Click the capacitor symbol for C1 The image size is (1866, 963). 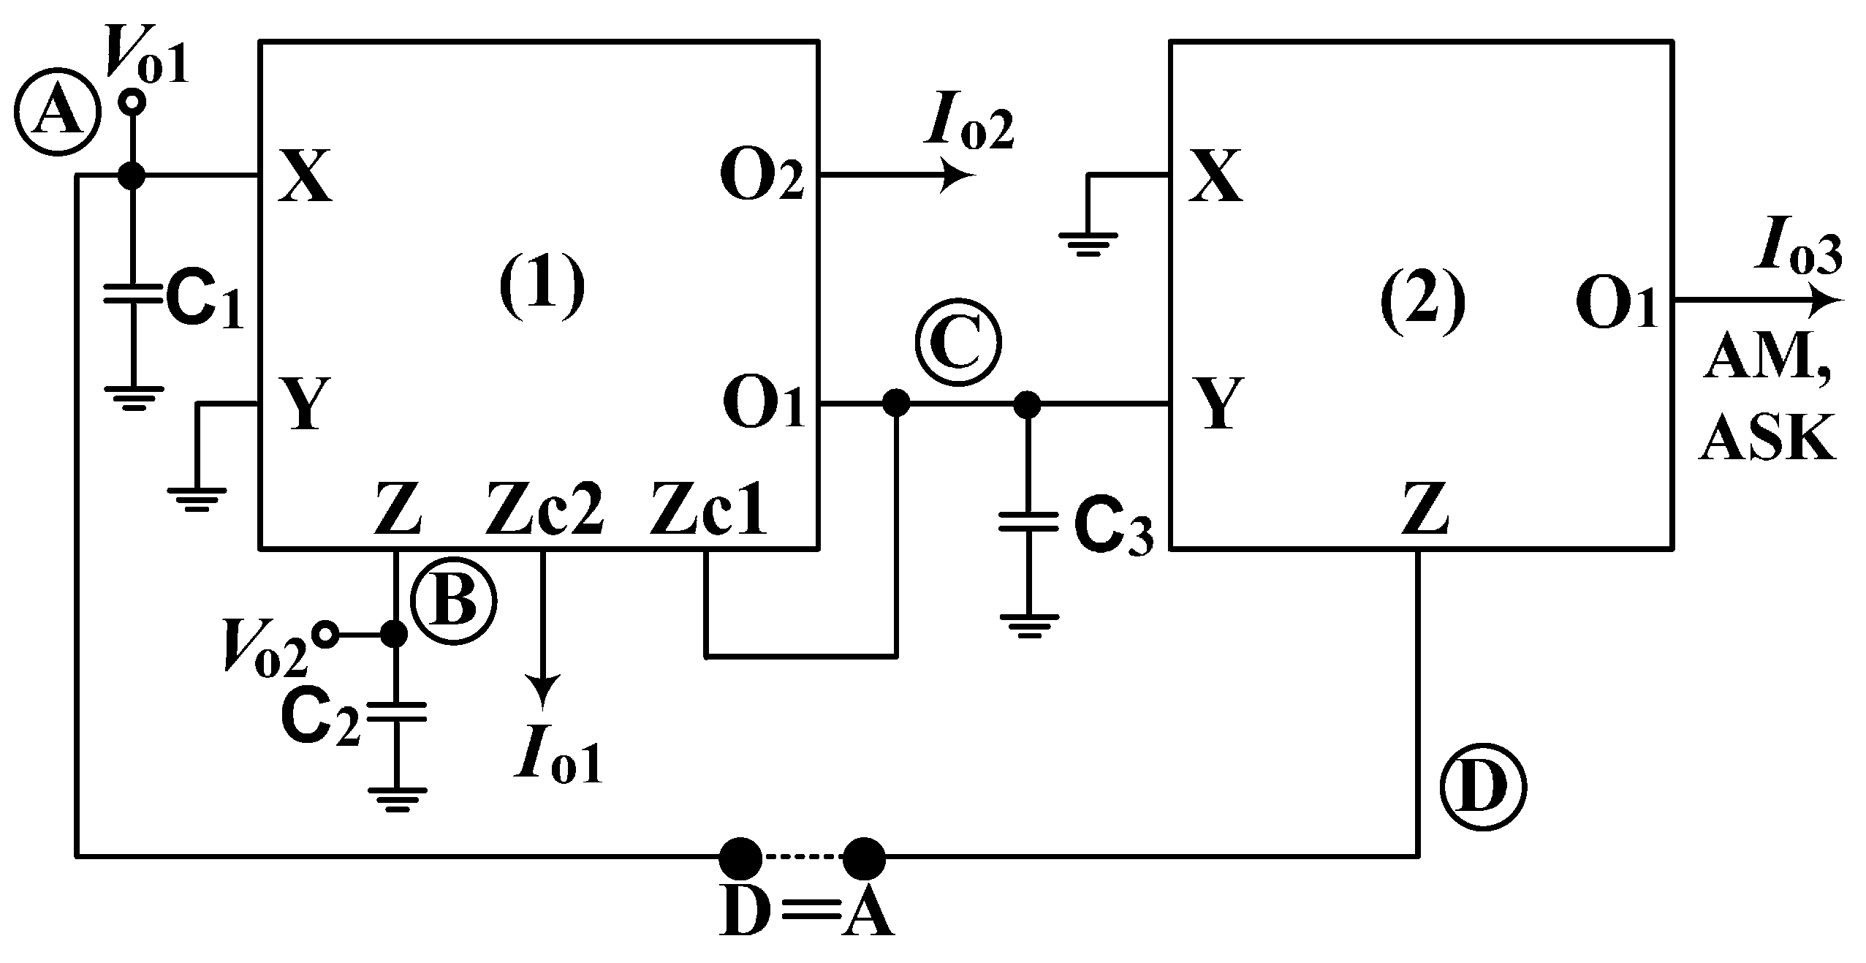point(132,295)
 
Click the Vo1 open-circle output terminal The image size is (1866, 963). point(133,102)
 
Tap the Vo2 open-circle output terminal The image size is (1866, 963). point(325,635)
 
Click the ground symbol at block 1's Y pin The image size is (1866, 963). point(197,499)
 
